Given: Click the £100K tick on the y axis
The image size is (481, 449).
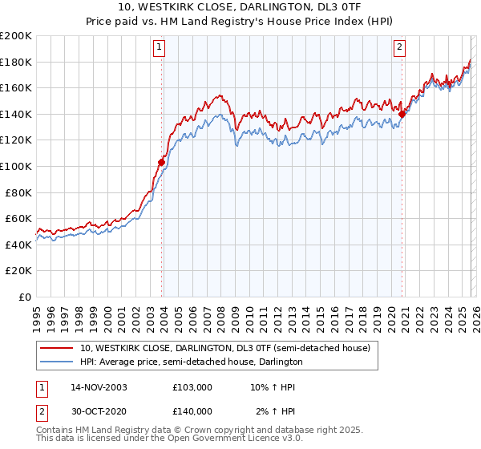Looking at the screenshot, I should coord(16,166).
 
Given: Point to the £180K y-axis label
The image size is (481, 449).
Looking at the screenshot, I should coord(16,62).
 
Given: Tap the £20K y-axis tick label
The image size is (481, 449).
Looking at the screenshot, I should coord(18,270).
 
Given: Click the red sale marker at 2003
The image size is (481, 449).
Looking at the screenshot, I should coord(161,162).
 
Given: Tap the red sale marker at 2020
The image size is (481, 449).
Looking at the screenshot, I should coord(402,114).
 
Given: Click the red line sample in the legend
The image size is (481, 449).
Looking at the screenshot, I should coord(57,349).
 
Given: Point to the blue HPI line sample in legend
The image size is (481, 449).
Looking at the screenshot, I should coord(57,362).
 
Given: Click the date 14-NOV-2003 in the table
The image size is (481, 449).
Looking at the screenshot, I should coord(99,386).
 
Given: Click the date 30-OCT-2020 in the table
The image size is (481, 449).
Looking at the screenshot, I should coord(99,411).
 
